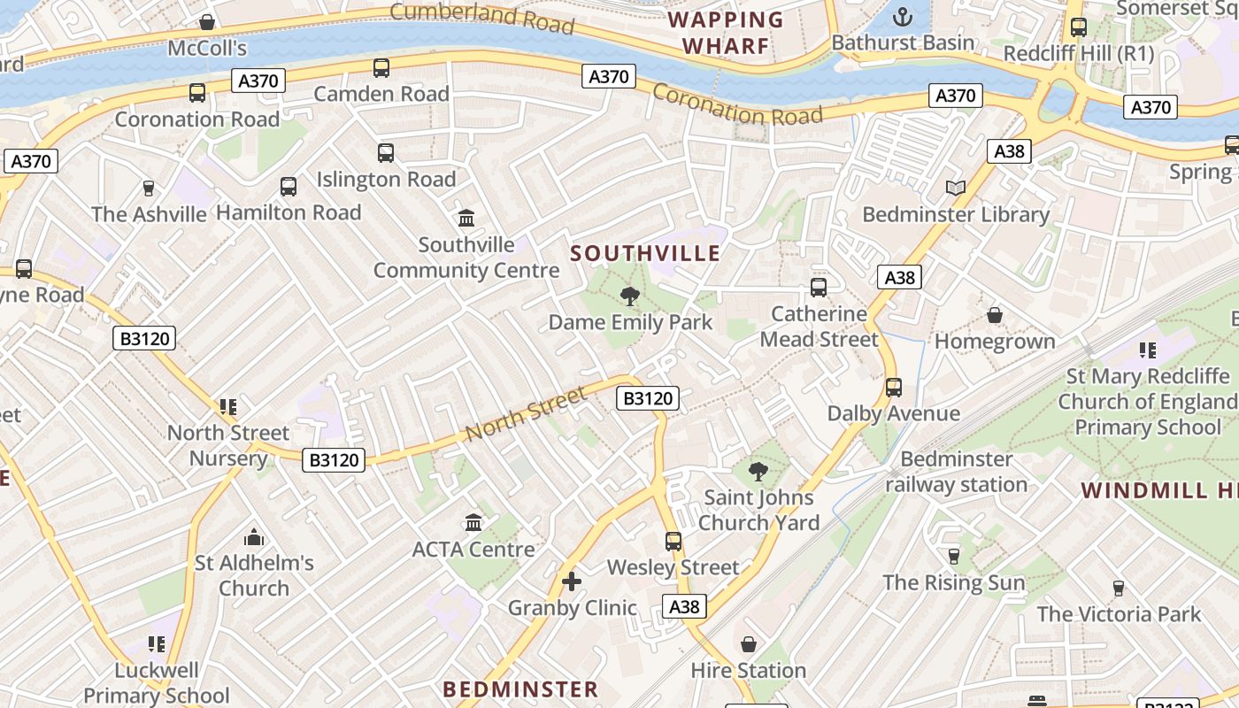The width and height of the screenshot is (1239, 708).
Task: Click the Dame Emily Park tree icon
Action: coord(630,296)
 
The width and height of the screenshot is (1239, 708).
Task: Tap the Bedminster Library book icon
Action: coord(955,189)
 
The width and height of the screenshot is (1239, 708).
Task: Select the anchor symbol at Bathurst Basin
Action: coord(903,17)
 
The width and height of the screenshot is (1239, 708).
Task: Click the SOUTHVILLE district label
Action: coord(645,254)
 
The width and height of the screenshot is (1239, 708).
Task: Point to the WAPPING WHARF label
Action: coord(726,33)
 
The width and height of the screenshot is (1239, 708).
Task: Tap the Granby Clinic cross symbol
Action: coord(572,581)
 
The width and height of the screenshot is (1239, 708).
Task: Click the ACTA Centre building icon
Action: coord(473,522)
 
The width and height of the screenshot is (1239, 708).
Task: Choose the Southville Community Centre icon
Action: coord(466,218)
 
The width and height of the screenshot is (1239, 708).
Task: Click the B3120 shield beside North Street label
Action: coord(648,398)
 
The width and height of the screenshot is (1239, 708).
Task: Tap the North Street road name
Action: coord(526,414)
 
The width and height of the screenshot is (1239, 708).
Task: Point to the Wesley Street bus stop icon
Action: coord(673,541)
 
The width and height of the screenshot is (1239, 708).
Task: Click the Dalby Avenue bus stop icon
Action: coord(894,387)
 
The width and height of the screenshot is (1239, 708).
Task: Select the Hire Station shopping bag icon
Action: coord(749,644)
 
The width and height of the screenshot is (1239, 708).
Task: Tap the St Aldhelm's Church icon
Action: coord(254,536)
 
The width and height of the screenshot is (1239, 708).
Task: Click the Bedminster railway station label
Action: coord(957,472)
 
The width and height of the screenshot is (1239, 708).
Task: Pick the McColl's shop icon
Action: coord(207,21)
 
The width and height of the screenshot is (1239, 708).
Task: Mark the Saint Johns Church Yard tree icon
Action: coord(758,471)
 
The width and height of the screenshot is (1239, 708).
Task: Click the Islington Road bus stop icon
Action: coord(386,153)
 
